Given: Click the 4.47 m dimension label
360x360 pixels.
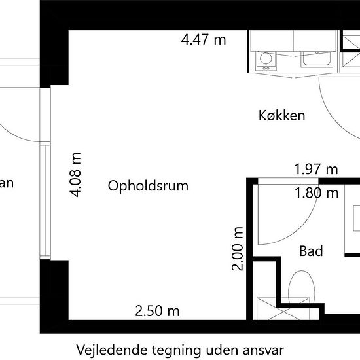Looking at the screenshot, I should click(203, 39).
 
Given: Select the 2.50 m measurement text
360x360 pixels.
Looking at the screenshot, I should click(157, 311).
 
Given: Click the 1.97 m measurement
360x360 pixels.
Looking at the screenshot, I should click(316, 170).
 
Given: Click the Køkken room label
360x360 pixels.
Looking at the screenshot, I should click(282, 116).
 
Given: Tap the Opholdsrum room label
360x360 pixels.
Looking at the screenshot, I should click(148, 186).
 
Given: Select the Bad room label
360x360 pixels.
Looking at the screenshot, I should click(311, 251).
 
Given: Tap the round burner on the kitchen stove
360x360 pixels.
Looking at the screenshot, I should click(266, 60).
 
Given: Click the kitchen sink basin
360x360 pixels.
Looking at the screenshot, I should click(317, 61).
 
